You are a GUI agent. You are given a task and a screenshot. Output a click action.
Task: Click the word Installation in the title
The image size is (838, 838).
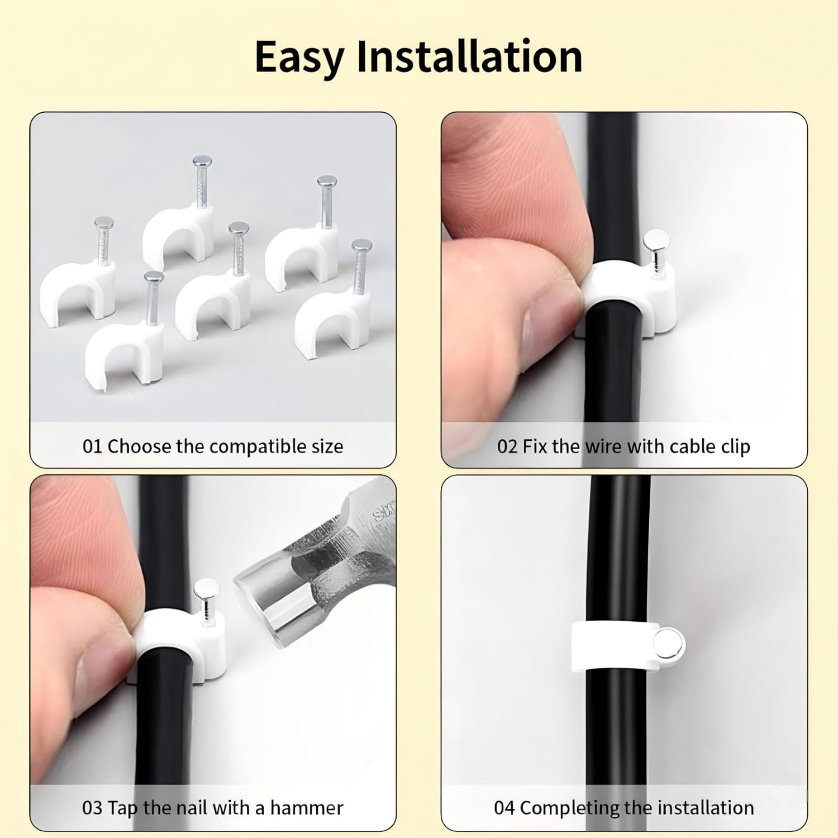pos(469,57)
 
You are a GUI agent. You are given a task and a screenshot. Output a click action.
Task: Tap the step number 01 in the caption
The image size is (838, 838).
pos(92,446)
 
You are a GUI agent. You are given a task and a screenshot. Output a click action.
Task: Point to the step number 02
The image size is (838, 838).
pos(507,446)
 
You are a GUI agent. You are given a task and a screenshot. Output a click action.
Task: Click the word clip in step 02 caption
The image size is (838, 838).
pos(734,446)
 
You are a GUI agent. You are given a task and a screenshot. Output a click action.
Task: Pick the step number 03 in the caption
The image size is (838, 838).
pos(92,808)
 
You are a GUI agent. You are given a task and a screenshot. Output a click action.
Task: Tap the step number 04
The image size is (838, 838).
pos(504,808)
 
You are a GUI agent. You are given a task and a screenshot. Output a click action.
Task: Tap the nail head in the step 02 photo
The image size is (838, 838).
pos(655,241)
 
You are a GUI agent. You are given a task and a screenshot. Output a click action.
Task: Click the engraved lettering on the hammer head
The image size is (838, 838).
pos(384,511)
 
